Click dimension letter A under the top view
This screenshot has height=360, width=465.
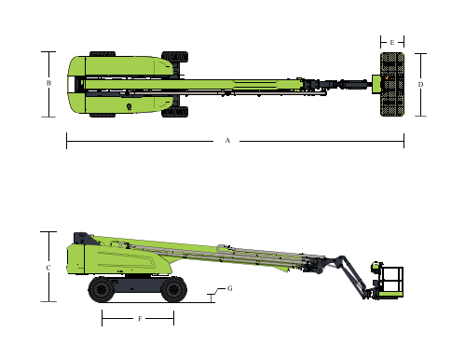click(227, 141)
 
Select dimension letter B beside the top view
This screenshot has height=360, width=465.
click(48, 83)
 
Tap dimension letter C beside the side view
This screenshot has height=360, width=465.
click(48, 268)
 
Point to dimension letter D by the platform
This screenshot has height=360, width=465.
click(420, 84)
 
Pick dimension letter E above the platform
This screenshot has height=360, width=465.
click(392, 42)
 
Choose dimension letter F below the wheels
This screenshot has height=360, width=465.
click(140, 319)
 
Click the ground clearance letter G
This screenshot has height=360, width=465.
click(230, 288)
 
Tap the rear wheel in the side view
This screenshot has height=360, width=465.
click(101, 289)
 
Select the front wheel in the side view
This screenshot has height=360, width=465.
click(173, 289)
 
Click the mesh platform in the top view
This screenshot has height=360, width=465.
click(392, 84)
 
